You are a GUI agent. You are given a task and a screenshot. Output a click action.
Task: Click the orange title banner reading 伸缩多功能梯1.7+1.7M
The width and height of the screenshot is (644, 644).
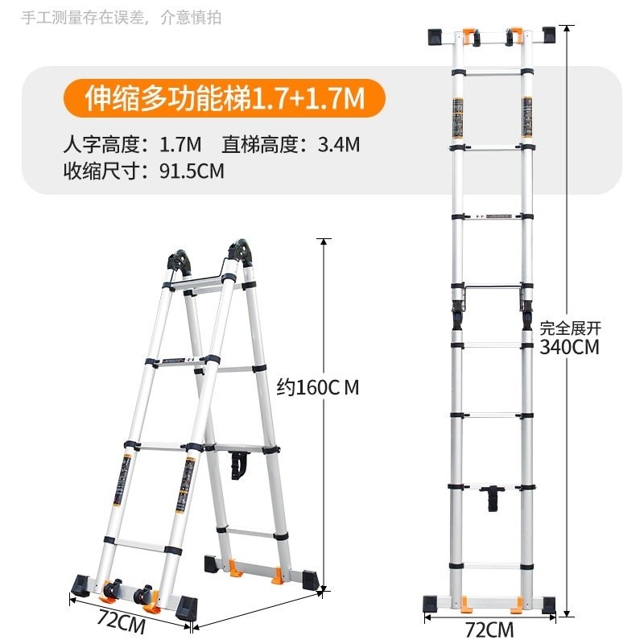pos(224,98)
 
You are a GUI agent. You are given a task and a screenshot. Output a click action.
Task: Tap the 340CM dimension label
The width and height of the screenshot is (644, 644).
pos(569,347)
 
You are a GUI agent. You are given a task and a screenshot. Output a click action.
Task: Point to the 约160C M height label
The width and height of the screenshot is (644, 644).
pos(317,387)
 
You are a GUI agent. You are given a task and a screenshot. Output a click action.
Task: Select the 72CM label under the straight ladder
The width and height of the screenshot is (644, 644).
pos(489,630)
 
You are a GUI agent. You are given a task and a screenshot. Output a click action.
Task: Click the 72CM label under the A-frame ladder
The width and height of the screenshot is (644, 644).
pos(122,621)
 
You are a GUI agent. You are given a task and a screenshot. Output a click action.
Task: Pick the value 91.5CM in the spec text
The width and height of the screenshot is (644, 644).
pos(192,171)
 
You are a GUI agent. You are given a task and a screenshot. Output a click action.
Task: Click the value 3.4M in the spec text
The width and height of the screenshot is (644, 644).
pos(339,145)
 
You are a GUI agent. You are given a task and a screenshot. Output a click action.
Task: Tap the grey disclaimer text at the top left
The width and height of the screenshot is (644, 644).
pos(122,18)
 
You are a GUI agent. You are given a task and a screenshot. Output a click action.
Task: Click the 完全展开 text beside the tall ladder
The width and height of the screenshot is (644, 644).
pos(570,328)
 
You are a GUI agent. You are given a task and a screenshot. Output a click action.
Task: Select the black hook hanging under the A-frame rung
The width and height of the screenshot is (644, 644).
pos(238,464)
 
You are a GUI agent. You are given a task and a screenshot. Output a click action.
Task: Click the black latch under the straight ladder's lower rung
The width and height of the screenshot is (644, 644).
pos(493,498)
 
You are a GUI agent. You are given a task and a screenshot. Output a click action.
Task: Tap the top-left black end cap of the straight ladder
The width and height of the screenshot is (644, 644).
pos(435,36)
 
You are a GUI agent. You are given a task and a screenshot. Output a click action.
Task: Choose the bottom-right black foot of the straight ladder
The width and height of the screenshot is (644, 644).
pos(549,605)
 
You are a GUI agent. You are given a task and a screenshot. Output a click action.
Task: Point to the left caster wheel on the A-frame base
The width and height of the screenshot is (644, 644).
pos(112,588)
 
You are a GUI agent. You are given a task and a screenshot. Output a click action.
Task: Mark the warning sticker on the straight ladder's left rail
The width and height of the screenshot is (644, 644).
pos(458,118)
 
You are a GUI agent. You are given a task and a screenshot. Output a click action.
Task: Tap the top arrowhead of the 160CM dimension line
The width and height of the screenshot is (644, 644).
pos(324,242)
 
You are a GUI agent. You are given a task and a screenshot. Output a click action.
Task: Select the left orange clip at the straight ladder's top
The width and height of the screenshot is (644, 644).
pos(469,36)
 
